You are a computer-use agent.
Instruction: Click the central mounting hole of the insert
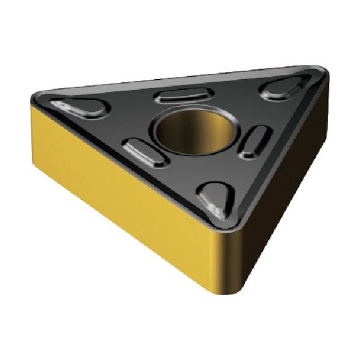pyautogui.click(x=193, y=128)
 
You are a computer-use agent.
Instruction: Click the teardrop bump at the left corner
pyautogui.click(x=81, y=107)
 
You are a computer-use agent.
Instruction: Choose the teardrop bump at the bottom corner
pyautogui.click(x=217, y=198)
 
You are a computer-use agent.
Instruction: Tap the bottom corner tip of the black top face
pyautogui.click(x=223, y=227)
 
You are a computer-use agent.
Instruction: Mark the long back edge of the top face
pyautogui.click(x=180, y=78)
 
